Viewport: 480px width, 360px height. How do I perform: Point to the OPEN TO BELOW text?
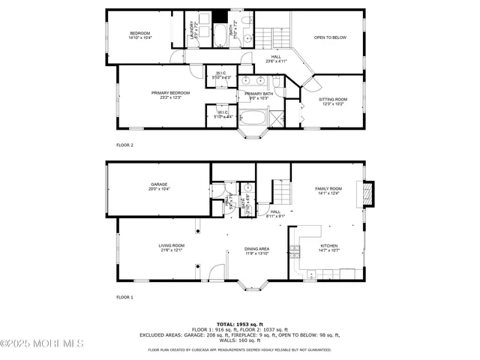pyautogui.click(x=329, y=37)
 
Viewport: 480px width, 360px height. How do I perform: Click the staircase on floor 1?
pyautogui.click(x=280, y=191)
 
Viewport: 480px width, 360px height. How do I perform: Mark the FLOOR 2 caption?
pyautogui.click(x=124, y=145)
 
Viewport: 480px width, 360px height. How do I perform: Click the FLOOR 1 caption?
pyautogui.click(x=124, y=298)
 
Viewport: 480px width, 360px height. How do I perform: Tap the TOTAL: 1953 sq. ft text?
pyautogui.click(x=239, y=322)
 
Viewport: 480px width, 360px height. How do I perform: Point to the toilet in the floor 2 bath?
pyautogui.click(x=246, y=19)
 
